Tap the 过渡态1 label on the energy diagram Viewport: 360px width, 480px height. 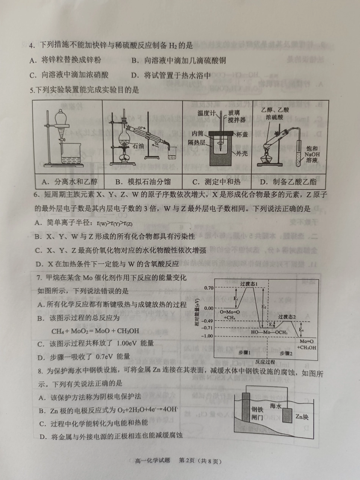point(249,284)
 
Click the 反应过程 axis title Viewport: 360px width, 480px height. point(265,361)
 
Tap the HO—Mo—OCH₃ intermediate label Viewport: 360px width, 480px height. point(269,332)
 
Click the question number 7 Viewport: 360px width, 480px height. point(39,277)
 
